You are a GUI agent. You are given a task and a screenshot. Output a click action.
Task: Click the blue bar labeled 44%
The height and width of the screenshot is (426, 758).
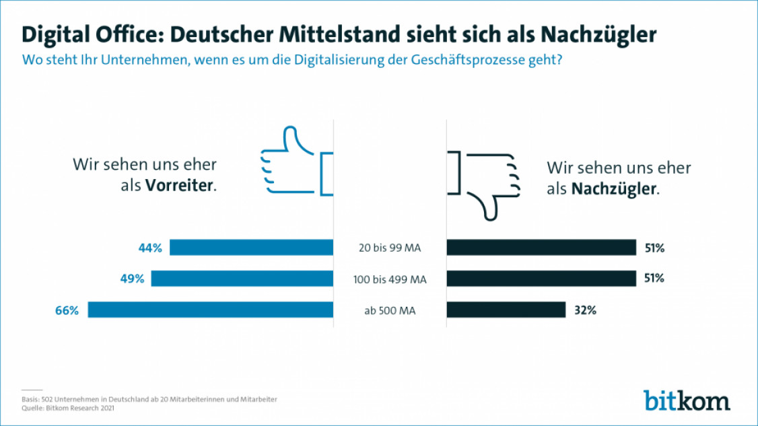tap(251, 248)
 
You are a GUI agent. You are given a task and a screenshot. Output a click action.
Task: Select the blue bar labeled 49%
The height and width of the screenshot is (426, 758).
tap(242, 279)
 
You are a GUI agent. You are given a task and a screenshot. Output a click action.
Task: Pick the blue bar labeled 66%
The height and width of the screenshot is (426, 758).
tap(211, 310)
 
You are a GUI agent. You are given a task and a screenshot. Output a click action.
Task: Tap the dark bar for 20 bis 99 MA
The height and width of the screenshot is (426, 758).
tap(541, 248)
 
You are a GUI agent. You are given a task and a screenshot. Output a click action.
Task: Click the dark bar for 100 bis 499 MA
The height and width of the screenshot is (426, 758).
tap(541, 279)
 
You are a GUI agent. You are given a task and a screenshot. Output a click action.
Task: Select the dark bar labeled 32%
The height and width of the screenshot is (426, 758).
tap(506, 310)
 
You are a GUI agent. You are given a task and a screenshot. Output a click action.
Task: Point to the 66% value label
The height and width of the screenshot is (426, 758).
tap(67, 310)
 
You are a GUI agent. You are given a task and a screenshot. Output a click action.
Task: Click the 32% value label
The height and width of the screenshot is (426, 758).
tap(585, 310)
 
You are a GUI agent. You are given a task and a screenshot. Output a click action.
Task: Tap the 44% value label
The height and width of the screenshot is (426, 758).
tap(150, 248)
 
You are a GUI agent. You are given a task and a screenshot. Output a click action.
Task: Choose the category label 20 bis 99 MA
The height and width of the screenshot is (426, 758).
tap(390, 248)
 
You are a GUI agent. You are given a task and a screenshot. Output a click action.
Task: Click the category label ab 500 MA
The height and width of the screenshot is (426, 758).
tap(390, 310)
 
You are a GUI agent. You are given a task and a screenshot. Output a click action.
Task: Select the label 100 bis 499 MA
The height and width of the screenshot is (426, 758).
tap(390, 279)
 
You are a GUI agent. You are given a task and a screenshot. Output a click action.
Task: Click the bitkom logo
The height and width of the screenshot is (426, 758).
tap(686, 400)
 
